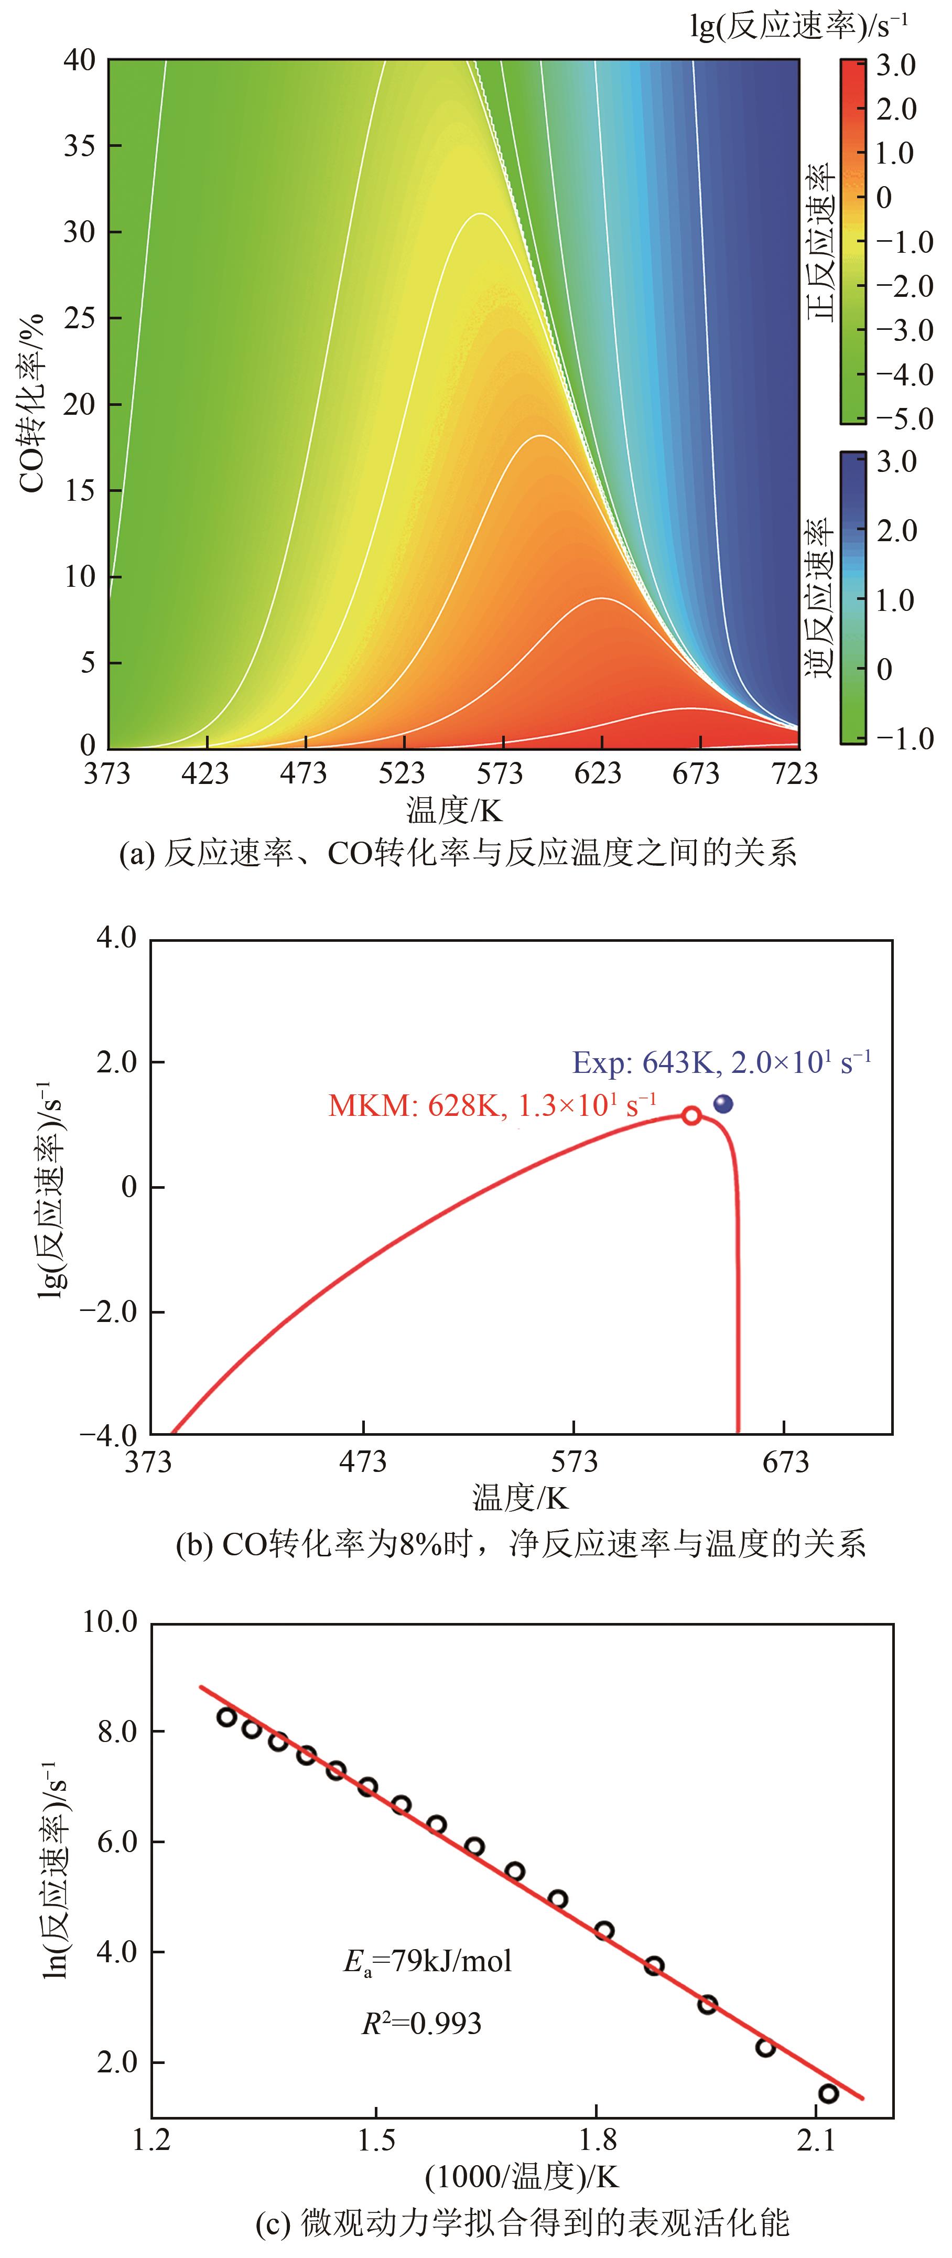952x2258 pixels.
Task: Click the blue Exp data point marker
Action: (x=723, y=1104)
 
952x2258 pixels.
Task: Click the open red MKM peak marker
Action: (x=691, y=1116)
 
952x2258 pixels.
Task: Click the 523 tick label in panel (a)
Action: (x=403, y=773)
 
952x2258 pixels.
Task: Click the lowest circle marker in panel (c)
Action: (x=828, y=2093)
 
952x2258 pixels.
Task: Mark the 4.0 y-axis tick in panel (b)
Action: (x=116, y=939)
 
